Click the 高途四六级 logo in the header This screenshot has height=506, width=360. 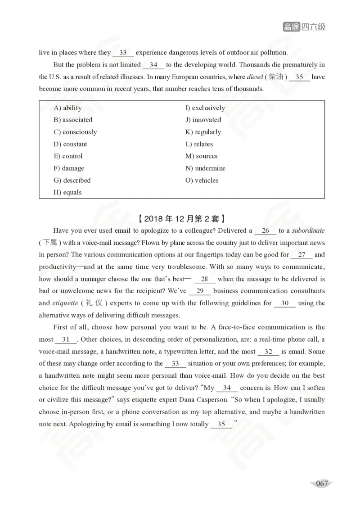point(304,27)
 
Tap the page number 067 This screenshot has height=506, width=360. point(322,483)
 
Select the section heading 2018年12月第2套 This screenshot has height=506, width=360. point(180,219)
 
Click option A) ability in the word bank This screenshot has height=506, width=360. point(67,108)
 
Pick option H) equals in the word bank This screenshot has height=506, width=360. point(67,193)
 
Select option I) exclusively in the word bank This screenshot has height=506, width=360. point(205,108)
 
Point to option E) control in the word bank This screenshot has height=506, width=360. point(68,156)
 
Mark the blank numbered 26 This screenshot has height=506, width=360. point(265,231)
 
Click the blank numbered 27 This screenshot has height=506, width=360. point(301,255)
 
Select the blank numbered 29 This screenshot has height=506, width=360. point(200,291)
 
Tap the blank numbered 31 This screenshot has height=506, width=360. point(66,339)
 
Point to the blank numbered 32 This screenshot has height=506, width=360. point(268,352)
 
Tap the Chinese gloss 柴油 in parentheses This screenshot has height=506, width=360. point(276,77)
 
